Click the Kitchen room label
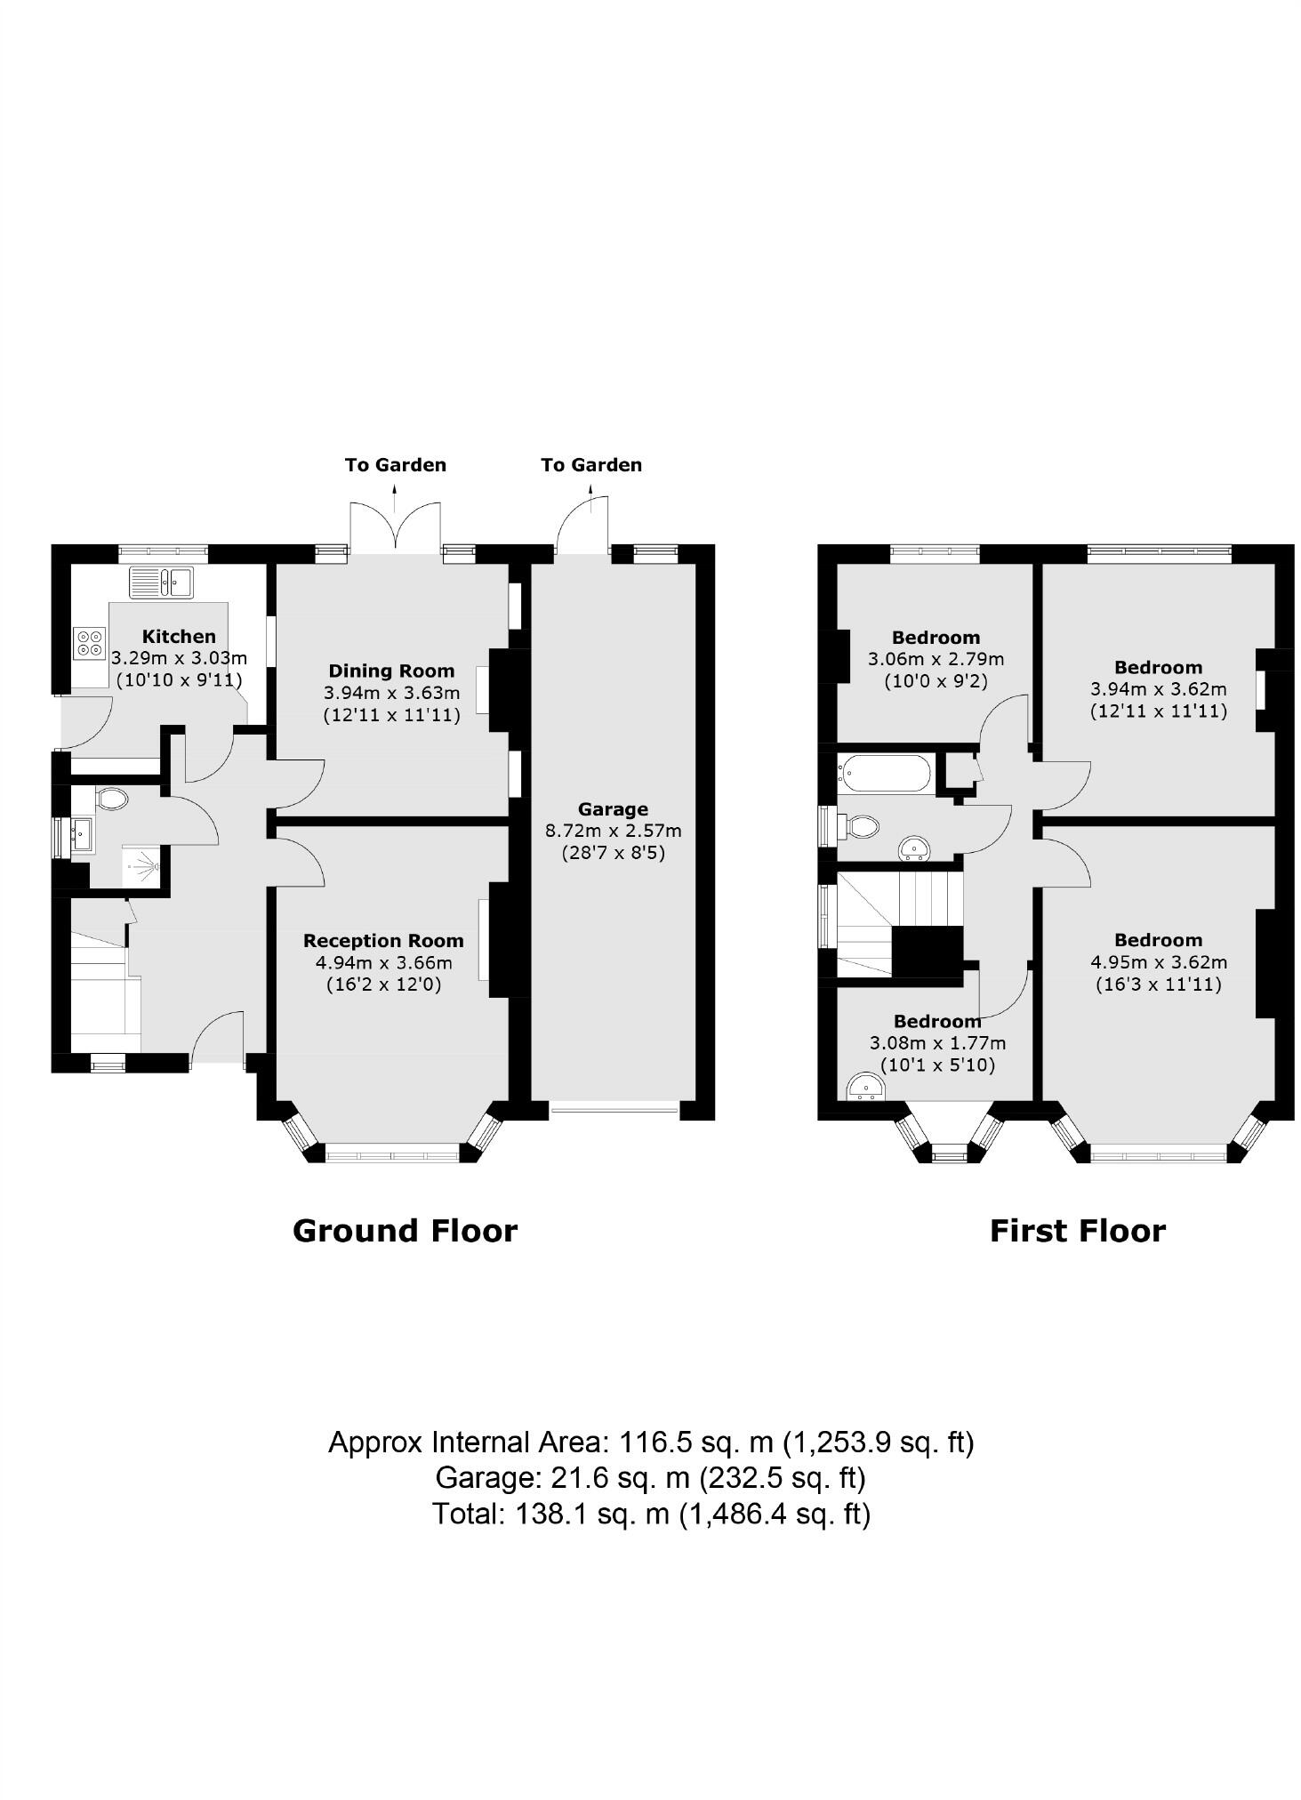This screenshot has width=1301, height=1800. (x=179, y=636)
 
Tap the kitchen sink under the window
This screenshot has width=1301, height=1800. (x=161, y=583)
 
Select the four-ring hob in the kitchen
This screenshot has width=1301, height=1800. (x=89, y=642)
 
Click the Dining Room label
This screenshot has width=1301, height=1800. (x=391, y=671)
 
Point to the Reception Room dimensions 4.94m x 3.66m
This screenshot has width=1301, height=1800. (x=383, y=962)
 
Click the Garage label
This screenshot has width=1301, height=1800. (x=613, y=808)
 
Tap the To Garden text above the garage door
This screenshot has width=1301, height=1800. (x=590, y=464)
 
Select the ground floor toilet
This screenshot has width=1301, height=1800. (x=110, y=799)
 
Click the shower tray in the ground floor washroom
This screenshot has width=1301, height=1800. (x=141, y=864)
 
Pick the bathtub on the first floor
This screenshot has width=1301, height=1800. (x=885, y=773)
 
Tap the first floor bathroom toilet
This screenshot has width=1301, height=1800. (x=862, y=827)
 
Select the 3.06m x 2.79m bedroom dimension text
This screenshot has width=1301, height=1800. (x=936, y=659)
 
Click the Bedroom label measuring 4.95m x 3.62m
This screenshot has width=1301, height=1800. (x=1158, y=940)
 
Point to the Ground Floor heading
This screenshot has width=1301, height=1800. (x=405, y=1231)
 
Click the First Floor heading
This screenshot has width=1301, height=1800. (x=1077, y=1231)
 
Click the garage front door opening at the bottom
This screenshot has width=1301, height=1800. (x=614, y=1108)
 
